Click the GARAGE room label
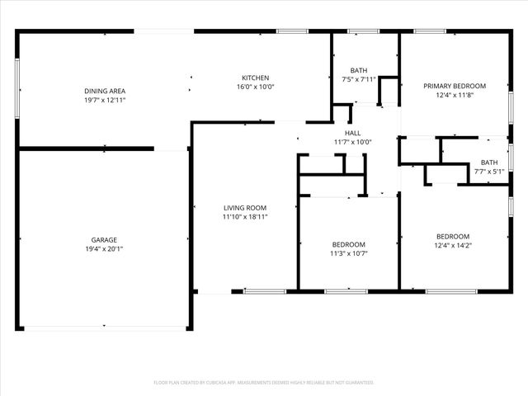tap(103, 239)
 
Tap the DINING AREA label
tap(104, 91)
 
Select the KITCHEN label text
tap(255, 78)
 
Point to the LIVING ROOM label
tap(245, 208)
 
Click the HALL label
tap(352, 133)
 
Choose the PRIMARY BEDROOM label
tap(454, 86)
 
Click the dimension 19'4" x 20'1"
tap(103, 248)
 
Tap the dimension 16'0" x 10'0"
tap(255, 87)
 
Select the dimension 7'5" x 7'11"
tap(358, 79)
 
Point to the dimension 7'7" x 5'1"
tap(488, 172)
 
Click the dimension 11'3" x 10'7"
tap(349, 253)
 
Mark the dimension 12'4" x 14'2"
tap(453, 244)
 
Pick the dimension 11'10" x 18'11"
tap(245, 217)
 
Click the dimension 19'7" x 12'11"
tap(104, 100)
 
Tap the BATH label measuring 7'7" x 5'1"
tap(488, 163)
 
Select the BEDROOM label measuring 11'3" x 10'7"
tap(349, 244)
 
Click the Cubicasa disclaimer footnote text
tap(264, 382)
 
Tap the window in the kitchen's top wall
tap(292, 31)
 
